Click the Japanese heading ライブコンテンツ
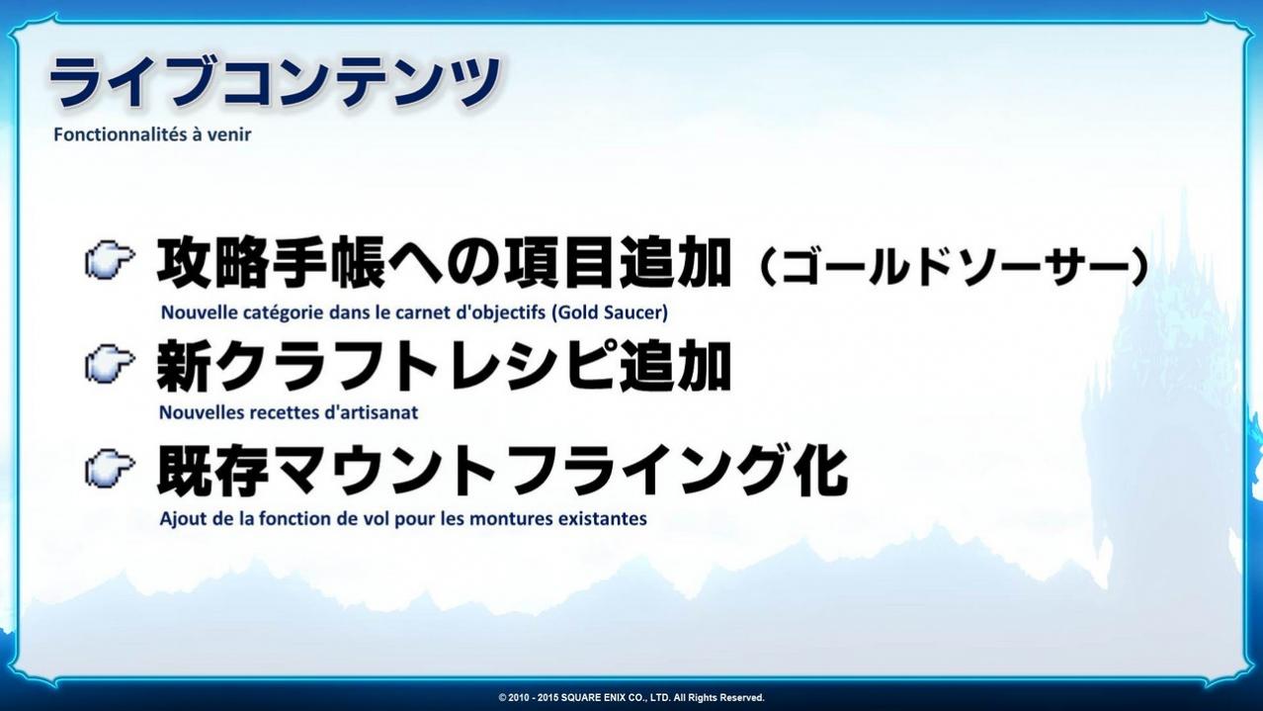(275, 82)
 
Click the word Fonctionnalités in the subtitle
(120, 134)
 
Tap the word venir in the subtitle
(229, 134)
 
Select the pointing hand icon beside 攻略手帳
(110, 261)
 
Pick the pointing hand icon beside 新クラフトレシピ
(110, 363)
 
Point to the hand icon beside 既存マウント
(110, 468)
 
